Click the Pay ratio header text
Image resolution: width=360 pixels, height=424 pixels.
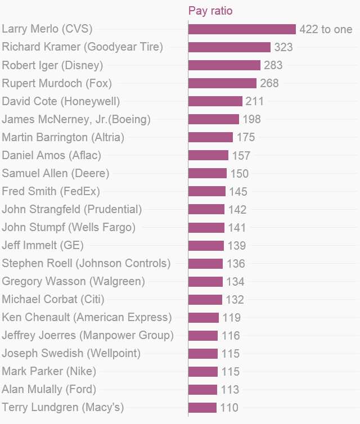(x=210, y=11)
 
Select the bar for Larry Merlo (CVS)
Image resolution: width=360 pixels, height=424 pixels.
(x=242, y=29)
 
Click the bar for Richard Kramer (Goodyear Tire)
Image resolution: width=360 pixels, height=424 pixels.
(x=229, y=47)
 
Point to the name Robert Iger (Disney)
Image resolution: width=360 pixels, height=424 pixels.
(x=52, y=65)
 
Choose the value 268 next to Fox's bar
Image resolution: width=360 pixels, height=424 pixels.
(x=269, y=83)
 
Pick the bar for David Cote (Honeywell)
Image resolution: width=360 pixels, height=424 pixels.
(x=215, y=101)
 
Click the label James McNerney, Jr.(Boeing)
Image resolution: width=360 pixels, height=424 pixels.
(x=76, y=119)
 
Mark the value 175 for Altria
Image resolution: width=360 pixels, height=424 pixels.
(x=246, y=137)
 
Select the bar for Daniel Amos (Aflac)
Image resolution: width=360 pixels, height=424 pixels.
(x=208, y=155)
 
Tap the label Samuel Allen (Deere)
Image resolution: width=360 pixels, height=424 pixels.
(x=56, y=173)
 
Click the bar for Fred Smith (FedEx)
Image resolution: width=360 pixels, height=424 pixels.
(x=207, y=191)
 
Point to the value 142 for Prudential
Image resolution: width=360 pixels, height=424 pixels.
(x=237, y=210)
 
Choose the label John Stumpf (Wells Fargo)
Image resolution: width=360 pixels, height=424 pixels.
(x=69, y=227)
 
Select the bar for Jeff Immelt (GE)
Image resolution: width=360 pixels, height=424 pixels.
(x=206, y=246)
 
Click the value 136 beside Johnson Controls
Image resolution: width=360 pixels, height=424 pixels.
(x=236, y=264)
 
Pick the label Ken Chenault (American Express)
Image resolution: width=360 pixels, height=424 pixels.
(x=87, y=317)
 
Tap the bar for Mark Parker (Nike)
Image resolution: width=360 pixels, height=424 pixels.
(x=203, y=372)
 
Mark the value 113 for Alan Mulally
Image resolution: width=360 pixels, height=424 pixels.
(x=230, y=390)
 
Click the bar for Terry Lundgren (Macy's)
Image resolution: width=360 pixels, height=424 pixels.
(x=202, y=408)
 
